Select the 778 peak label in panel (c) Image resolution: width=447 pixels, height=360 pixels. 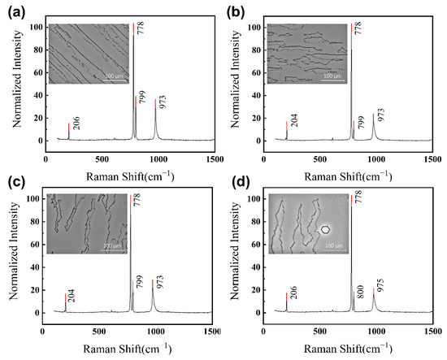137,202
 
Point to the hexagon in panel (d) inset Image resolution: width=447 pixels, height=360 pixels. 325,229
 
